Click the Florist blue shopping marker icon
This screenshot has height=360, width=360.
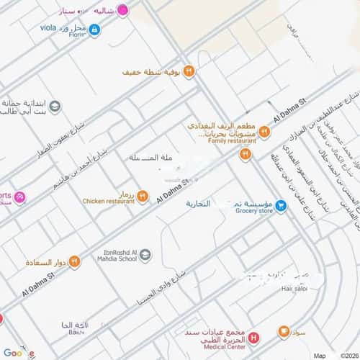[95, 30]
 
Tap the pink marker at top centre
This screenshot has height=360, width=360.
[123, 11]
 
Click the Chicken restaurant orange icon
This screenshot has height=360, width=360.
[143, 196]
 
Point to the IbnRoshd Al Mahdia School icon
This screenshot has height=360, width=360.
[145, 254]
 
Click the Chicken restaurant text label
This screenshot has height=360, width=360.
[109, 202]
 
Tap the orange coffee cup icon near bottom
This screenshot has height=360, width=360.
[284, 332]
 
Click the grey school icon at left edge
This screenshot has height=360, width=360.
[55, 107]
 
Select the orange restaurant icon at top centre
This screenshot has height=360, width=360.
[187, 71]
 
